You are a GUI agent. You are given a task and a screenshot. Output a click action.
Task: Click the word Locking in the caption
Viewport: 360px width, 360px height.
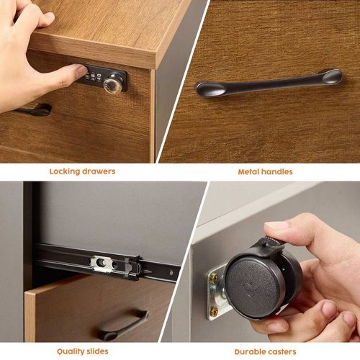click(x=65, y=172)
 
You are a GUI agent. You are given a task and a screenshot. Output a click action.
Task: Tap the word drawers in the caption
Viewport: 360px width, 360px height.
click(x=99, y=171)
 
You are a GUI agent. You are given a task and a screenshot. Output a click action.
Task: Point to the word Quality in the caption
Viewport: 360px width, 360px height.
click(x=71, y=352)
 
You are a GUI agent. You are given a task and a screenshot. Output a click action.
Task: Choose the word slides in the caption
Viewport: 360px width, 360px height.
click(x=97, y=351)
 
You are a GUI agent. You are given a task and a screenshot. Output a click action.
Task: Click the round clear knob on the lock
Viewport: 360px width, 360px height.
click(x=111, y=83)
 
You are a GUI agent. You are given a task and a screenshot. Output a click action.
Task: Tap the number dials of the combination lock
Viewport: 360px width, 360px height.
click(x=94, y=76)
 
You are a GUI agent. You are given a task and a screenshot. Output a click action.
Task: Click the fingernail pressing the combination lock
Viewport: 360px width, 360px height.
click(x=81, y=71)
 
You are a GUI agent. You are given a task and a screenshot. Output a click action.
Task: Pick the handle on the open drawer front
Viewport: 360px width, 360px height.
click(x=124, y=325)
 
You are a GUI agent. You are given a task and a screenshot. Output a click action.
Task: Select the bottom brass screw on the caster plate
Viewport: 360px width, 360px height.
click(x=214, y=312)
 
